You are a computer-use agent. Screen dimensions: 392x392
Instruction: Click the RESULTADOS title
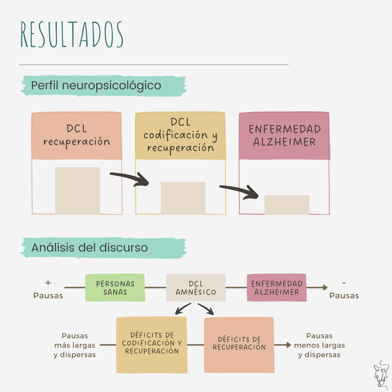click(x=72, y=35)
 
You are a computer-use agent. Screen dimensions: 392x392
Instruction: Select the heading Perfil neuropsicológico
click(x=96, y=86)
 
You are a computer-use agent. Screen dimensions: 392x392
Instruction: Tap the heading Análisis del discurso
click(x=90, y=248)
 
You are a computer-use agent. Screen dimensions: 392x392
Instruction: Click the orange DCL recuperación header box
click(x=77, y=136)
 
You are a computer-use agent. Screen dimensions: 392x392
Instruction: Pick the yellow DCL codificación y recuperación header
click(x=180, y=136)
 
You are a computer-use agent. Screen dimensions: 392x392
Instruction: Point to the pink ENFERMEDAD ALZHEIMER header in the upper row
click(x=285, y=136)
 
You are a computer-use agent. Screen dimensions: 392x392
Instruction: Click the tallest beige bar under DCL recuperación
click(x=77, y=191)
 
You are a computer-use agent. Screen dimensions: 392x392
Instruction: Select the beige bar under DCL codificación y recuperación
click(x=183, y=198)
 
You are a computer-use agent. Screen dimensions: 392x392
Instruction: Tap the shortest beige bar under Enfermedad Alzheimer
click(x=287, y=205)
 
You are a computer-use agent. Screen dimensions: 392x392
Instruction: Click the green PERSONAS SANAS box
click(x=115, y=288)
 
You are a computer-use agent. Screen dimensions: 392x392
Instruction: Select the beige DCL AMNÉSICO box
click(x=196, y=288)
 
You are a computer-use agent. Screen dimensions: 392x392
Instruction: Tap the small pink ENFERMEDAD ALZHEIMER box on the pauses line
click(x=277, y=288)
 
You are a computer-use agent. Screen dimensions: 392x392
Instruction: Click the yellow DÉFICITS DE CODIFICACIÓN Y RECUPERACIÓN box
click(x=152, y=344)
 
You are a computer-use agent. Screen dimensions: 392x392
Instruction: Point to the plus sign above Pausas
click(x=48, y=283)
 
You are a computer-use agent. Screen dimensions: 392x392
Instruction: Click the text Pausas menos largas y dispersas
click(x=319, y=345)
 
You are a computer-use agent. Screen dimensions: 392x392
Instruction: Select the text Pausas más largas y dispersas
click(x=75, y=345)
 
